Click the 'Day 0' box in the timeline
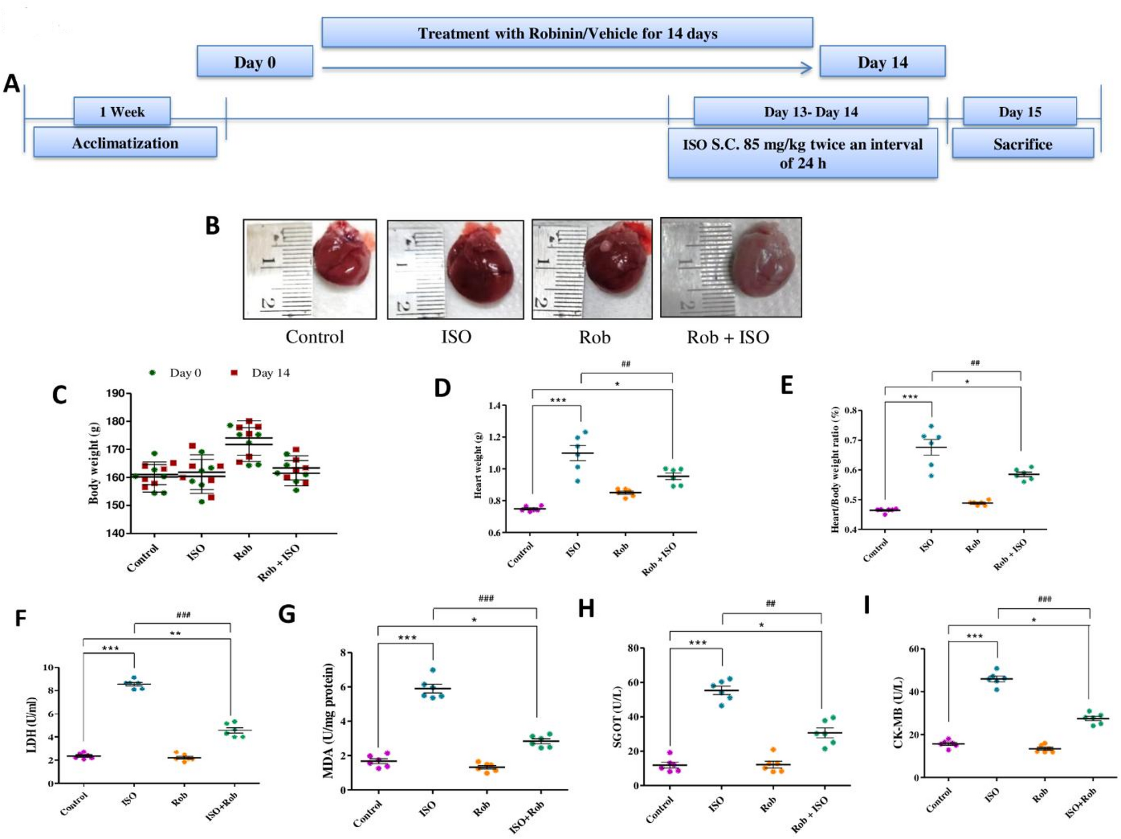(x=255, y=62)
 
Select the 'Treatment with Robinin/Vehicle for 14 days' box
(x=567, y=33)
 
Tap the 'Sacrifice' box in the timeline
(x=1022, y=144)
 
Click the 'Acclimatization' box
(x=125, y=143)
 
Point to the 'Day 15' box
(x=1019, y=112)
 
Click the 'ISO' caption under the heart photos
(x=456, y=337)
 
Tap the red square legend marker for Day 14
(x=234, y=373)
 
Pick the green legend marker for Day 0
(x=152, y=373)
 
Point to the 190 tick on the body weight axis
(x=116, y=393)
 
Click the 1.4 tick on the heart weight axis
(x=494, y=406)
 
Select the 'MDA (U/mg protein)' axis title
(x=328, y=721)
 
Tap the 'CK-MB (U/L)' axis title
(x=898, y=713)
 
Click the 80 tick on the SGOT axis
(x=633, y=648)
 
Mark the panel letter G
(x=287, y=614)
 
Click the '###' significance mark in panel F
(x=183, y=614)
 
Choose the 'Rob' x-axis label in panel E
(x=973, y=546)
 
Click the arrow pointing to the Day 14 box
(x=806, y=68)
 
